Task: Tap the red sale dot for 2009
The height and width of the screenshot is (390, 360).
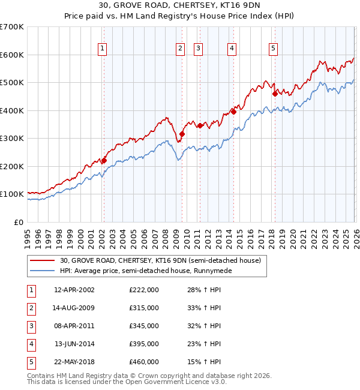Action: click(x=182, y=134)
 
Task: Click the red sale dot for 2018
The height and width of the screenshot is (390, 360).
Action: click(x=275, y=93)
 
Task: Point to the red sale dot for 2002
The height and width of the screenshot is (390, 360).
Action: click(x=104, y=160)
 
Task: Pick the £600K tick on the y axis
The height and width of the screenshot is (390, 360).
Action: click(x=12, y=55)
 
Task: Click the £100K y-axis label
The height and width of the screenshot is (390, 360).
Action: click(x=12, y=194)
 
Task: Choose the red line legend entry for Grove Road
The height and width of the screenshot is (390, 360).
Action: click(x=160, y=260)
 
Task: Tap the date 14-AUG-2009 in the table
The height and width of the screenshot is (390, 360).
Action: click(x=74, y=308)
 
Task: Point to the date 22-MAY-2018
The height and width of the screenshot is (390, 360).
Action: click(x=74, y=362)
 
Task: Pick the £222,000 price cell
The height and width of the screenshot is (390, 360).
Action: click(x=144, y=290)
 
